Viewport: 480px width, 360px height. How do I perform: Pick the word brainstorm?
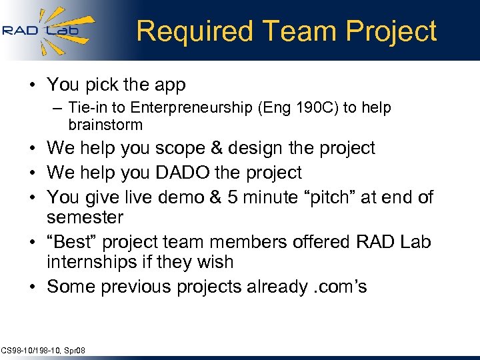[x=105, y=125]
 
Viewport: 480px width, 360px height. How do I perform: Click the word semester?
[x=85, y=218]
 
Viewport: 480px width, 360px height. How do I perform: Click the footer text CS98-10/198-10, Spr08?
[x=43, y=351]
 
